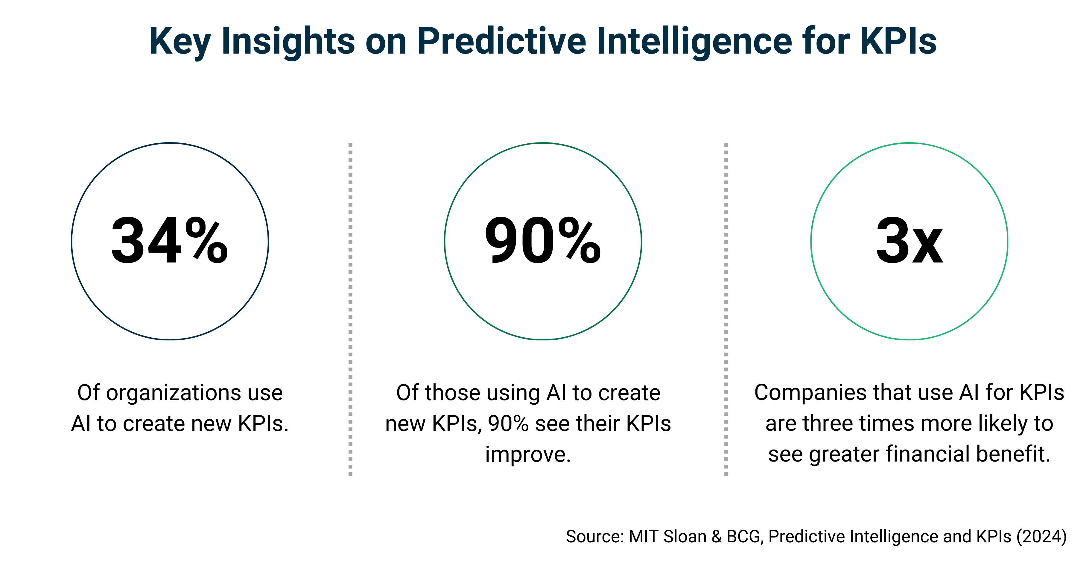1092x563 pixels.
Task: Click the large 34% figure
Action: point(170,241)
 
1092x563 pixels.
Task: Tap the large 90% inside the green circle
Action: point(543,241)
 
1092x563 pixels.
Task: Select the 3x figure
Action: point(909,241)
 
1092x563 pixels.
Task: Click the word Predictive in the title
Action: point(501,41)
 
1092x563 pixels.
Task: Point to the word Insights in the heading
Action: point(288,41)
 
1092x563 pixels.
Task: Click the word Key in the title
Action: point(180,41)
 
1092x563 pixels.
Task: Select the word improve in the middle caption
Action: point(528,454)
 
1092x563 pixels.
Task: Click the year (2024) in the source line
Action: point(1041,537)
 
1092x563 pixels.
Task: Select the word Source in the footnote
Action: point(594,537)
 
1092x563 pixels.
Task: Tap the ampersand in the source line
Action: point(717,537)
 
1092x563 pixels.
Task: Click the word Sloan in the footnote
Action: point(685,537)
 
